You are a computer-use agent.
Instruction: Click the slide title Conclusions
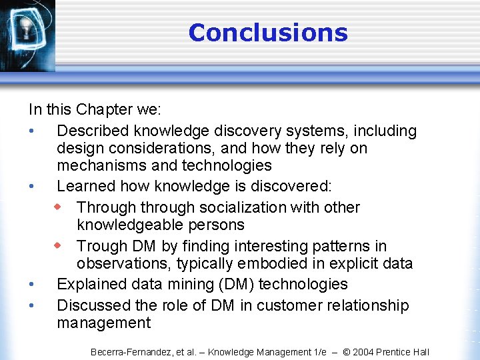(268, 33)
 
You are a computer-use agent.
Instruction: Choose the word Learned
(85, 186)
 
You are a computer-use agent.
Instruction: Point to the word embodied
(257, 263)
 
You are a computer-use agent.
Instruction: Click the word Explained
(91, 284)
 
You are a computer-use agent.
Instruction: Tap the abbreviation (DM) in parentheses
(233, 284)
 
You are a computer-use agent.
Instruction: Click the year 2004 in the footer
(363, 352)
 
